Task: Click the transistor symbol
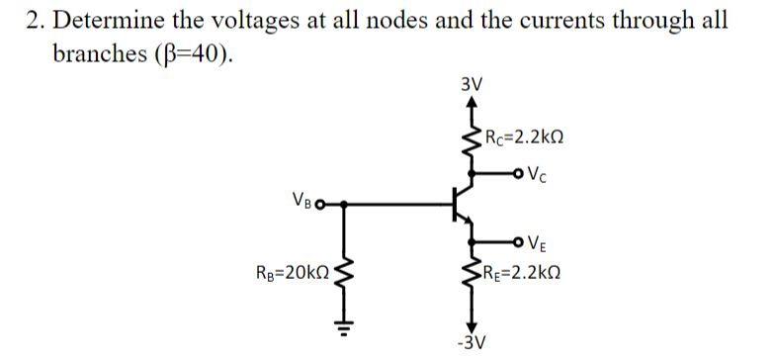[462, 205]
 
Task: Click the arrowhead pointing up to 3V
[471, 101]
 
